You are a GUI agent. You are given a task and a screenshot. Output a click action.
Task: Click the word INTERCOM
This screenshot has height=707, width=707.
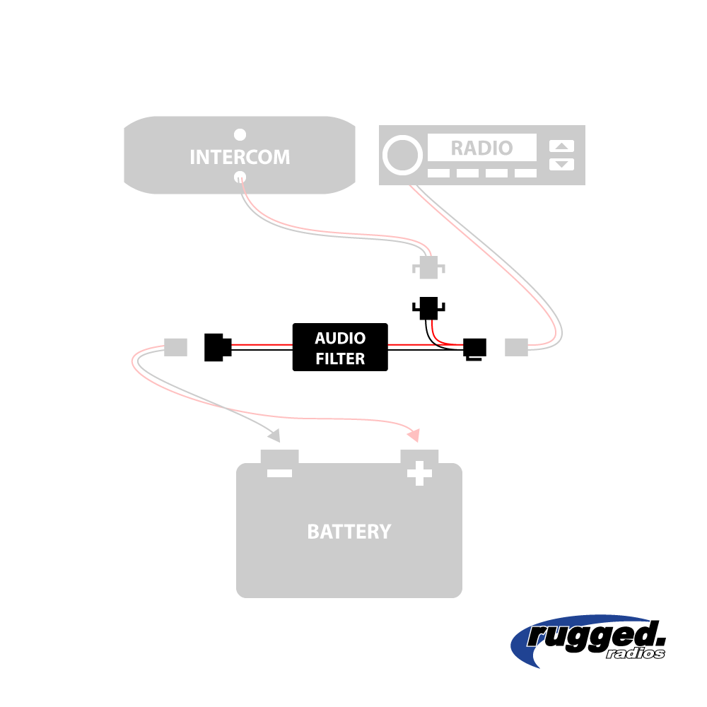pyautogui.click(x=240, y=157)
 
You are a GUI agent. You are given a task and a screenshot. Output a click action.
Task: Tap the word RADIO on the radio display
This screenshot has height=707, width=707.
pyautogui.click(x=481, y=148)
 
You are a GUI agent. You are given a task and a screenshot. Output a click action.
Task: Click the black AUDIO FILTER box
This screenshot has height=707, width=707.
pyautogui.click(x=340, y=347)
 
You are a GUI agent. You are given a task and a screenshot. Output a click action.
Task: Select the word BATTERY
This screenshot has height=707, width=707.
pyautogui.click(x=349, y=532)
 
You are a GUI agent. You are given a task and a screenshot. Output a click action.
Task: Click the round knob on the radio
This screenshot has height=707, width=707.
pyautogui.click(x=400, y=155)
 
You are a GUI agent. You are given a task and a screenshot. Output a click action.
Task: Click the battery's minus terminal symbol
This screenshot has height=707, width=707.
pyautogui.click(x=280, y=472)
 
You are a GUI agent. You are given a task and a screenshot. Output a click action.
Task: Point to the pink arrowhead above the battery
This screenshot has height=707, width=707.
pyautogui.click(x=416, y=434)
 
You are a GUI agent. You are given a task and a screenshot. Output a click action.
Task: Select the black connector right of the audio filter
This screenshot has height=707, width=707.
pyautogui.click(x=474, y=348)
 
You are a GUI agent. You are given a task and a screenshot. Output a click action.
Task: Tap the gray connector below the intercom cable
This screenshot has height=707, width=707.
pyautogui.click(x=428, y=268)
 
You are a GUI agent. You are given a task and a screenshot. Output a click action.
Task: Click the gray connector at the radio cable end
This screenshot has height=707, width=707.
pyautogui.click(x=516, y=347)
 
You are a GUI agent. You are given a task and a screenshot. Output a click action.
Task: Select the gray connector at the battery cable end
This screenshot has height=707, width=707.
pyautogui.click(x=175, y=347)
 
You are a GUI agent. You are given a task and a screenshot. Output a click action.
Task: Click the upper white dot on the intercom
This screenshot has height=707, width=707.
pyautogui.click(x=240, y=134)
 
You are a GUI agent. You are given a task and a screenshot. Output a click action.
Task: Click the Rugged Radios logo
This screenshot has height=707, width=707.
pyautogui.click(x=588, y=639)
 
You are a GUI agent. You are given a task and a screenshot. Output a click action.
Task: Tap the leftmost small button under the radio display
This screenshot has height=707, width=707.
pyautogui.click(x=438, y=173)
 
